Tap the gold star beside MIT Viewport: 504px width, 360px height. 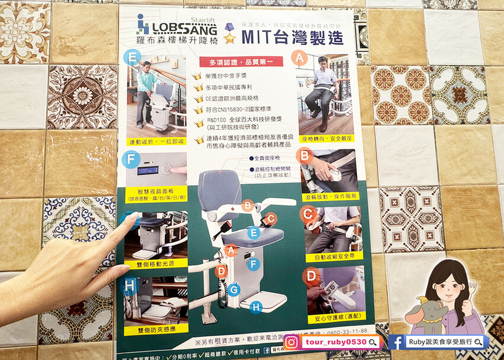(229, 34)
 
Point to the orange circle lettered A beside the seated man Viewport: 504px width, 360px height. (301, 58)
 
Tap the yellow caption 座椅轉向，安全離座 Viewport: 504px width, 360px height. (326, 137)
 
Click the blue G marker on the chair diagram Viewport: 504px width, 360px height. (234, 289)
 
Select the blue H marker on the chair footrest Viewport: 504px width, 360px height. (256, 307)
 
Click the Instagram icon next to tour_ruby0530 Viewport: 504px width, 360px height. (291, 342)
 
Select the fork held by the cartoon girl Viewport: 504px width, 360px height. (473, 290)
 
